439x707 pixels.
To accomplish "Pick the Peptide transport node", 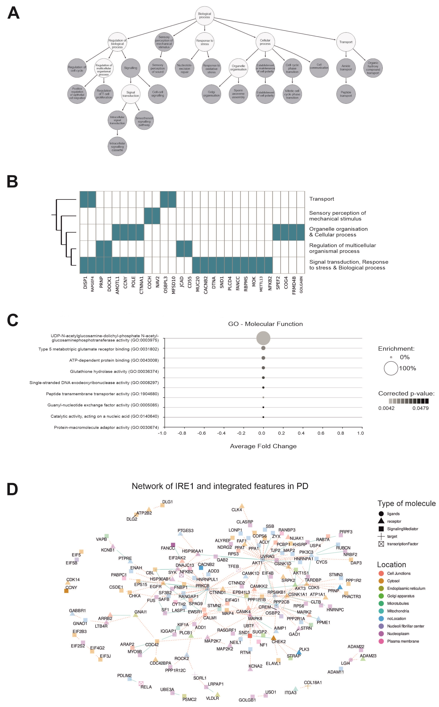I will coord(346,94).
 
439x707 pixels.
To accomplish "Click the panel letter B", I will coord(12,182).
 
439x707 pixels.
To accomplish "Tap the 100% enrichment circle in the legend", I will coord(391,368).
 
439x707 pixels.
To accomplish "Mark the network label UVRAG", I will coord(267,556).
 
